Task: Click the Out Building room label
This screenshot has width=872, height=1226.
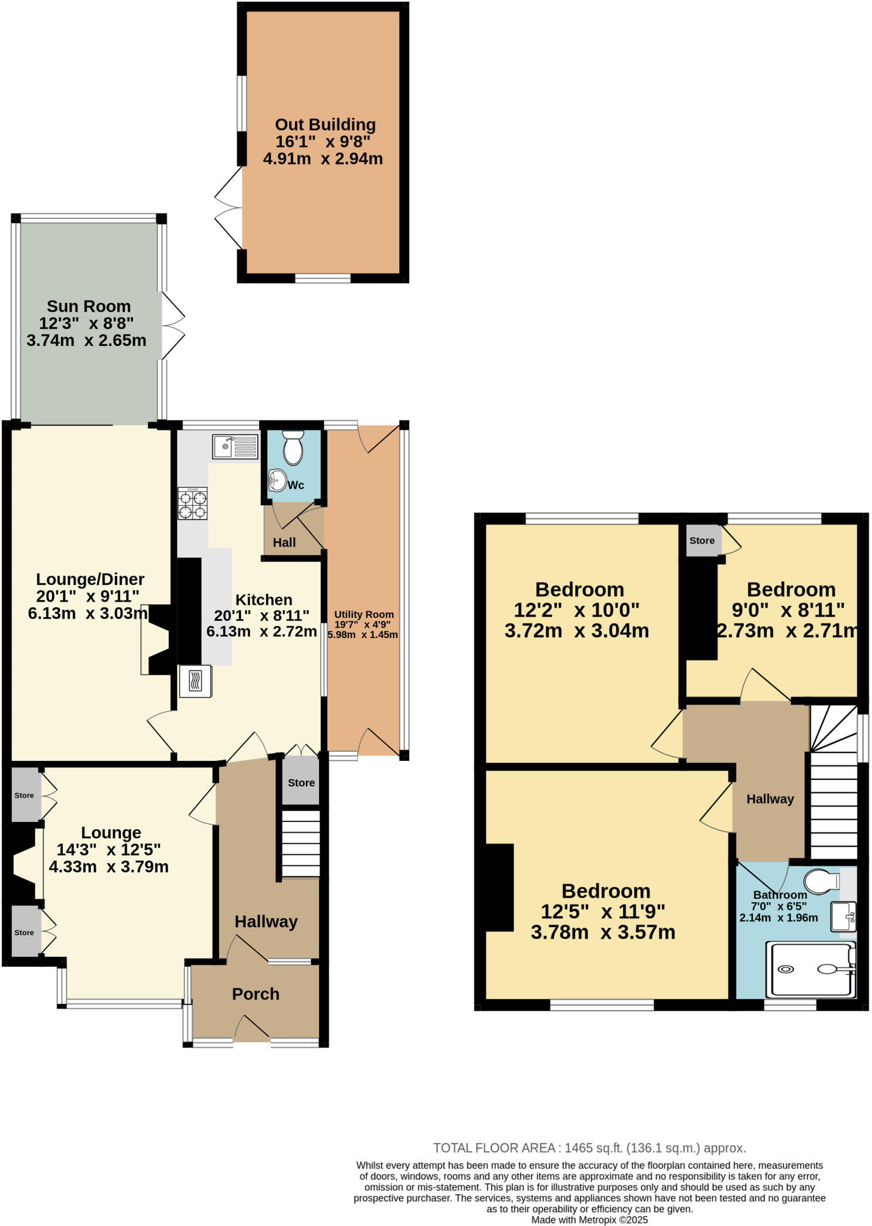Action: tap(325, 125)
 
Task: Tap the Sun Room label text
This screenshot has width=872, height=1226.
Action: tap(89, 306)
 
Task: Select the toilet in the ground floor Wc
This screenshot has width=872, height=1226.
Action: tap(293, 448)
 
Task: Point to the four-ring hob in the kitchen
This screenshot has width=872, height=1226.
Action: tap(192, 503)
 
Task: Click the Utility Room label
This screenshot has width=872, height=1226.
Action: tap(363, 614)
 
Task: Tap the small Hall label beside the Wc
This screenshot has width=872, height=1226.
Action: tap(284, 542)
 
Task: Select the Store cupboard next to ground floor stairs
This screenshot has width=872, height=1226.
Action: tap(301, 782)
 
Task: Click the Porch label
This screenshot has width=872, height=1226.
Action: tap(256, 994)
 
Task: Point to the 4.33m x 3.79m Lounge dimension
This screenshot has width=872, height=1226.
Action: tap(108, 867)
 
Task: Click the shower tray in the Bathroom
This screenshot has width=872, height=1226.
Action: tap(812, 969)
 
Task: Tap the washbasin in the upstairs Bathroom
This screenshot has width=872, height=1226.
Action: tap(843, 917)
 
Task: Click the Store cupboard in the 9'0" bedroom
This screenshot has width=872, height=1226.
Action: tap(702, 541)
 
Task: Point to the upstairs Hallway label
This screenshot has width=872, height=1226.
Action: tap(770, 799)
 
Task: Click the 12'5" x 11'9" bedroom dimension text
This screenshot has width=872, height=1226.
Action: tap(603, 911)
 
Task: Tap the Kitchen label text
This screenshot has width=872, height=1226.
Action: tap(263, 600)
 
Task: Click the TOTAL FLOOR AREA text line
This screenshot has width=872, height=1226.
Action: tap(589, 1148)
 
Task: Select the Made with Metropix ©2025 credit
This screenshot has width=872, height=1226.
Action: tap(589, 1219)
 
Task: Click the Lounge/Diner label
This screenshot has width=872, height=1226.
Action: tap(90, 579)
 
